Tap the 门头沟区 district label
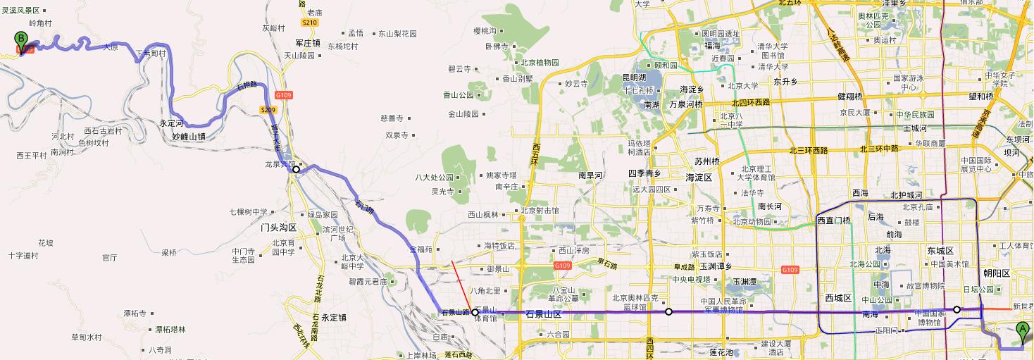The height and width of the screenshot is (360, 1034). [x=278, y=228]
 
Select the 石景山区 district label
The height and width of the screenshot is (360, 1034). [x=543, y=315]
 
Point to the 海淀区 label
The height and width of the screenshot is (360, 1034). [x=699, y=178]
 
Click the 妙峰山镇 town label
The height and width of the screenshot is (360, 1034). [x=189, y=137]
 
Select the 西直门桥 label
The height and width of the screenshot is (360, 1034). [x=834, y=221]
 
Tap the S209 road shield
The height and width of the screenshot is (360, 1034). [x=268, y=110]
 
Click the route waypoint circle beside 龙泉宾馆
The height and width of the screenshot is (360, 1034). [x=297, y=169]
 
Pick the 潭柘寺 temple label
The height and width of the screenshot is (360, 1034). [x=135, y=313]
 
